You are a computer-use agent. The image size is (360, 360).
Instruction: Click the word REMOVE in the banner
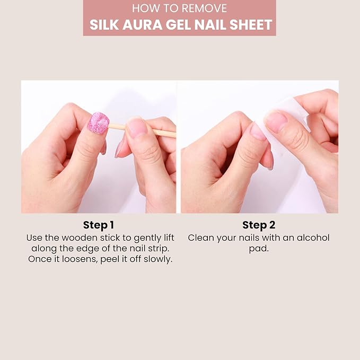[204, 8]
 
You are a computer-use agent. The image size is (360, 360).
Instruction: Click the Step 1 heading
[99, 225]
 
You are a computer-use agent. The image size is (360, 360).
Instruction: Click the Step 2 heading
[259, 225]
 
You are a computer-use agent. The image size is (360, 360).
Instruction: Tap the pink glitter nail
[98, 123]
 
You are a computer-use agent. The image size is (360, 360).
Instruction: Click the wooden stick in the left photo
[142, 130]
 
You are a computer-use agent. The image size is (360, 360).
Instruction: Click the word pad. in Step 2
[259, 249]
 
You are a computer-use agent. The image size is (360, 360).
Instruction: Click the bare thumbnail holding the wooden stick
[137, 127]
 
